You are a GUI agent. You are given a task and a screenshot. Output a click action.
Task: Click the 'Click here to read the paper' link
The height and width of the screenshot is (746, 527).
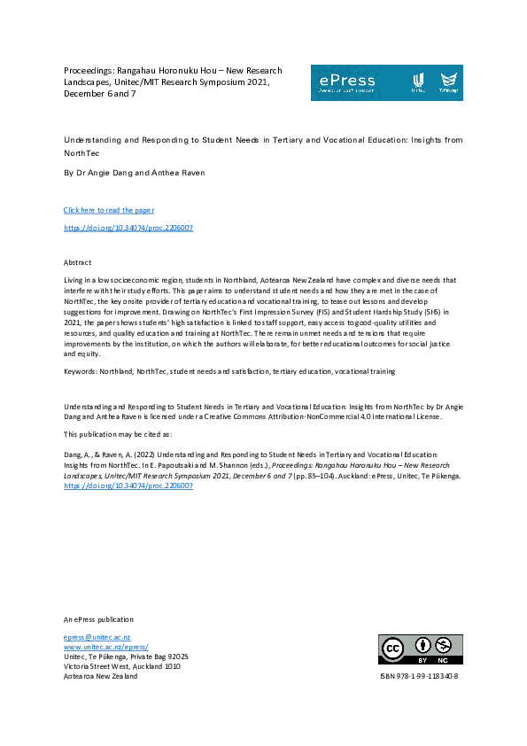point(109,210)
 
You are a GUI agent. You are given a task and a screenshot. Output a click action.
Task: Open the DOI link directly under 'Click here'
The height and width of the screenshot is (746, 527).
point(128,228)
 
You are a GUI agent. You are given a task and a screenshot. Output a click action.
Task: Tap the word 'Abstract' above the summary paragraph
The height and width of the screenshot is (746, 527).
point(78,263)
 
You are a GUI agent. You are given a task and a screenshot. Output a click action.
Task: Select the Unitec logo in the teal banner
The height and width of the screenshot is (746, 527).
point(419,82)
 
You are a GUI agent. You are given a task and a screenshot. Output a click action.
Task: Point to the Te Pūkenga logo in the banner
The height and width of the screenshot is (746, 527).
point(449,82)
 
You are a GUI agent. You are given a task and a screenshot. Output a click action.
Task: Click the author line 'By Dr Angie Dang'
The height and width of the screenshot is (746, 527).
point(99,174)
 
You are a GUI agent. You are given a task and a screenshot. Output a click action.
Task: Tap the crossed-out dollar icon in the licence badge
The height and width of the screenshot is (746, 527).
point(444,645)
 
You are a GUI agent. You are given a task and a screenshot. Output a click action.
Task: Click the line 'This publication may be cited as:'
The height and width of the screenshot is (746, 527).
point(119,435)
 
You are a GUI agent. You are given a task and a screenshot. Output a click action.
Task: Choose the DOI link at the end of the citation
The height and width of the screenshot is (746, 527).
point(128,486)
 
